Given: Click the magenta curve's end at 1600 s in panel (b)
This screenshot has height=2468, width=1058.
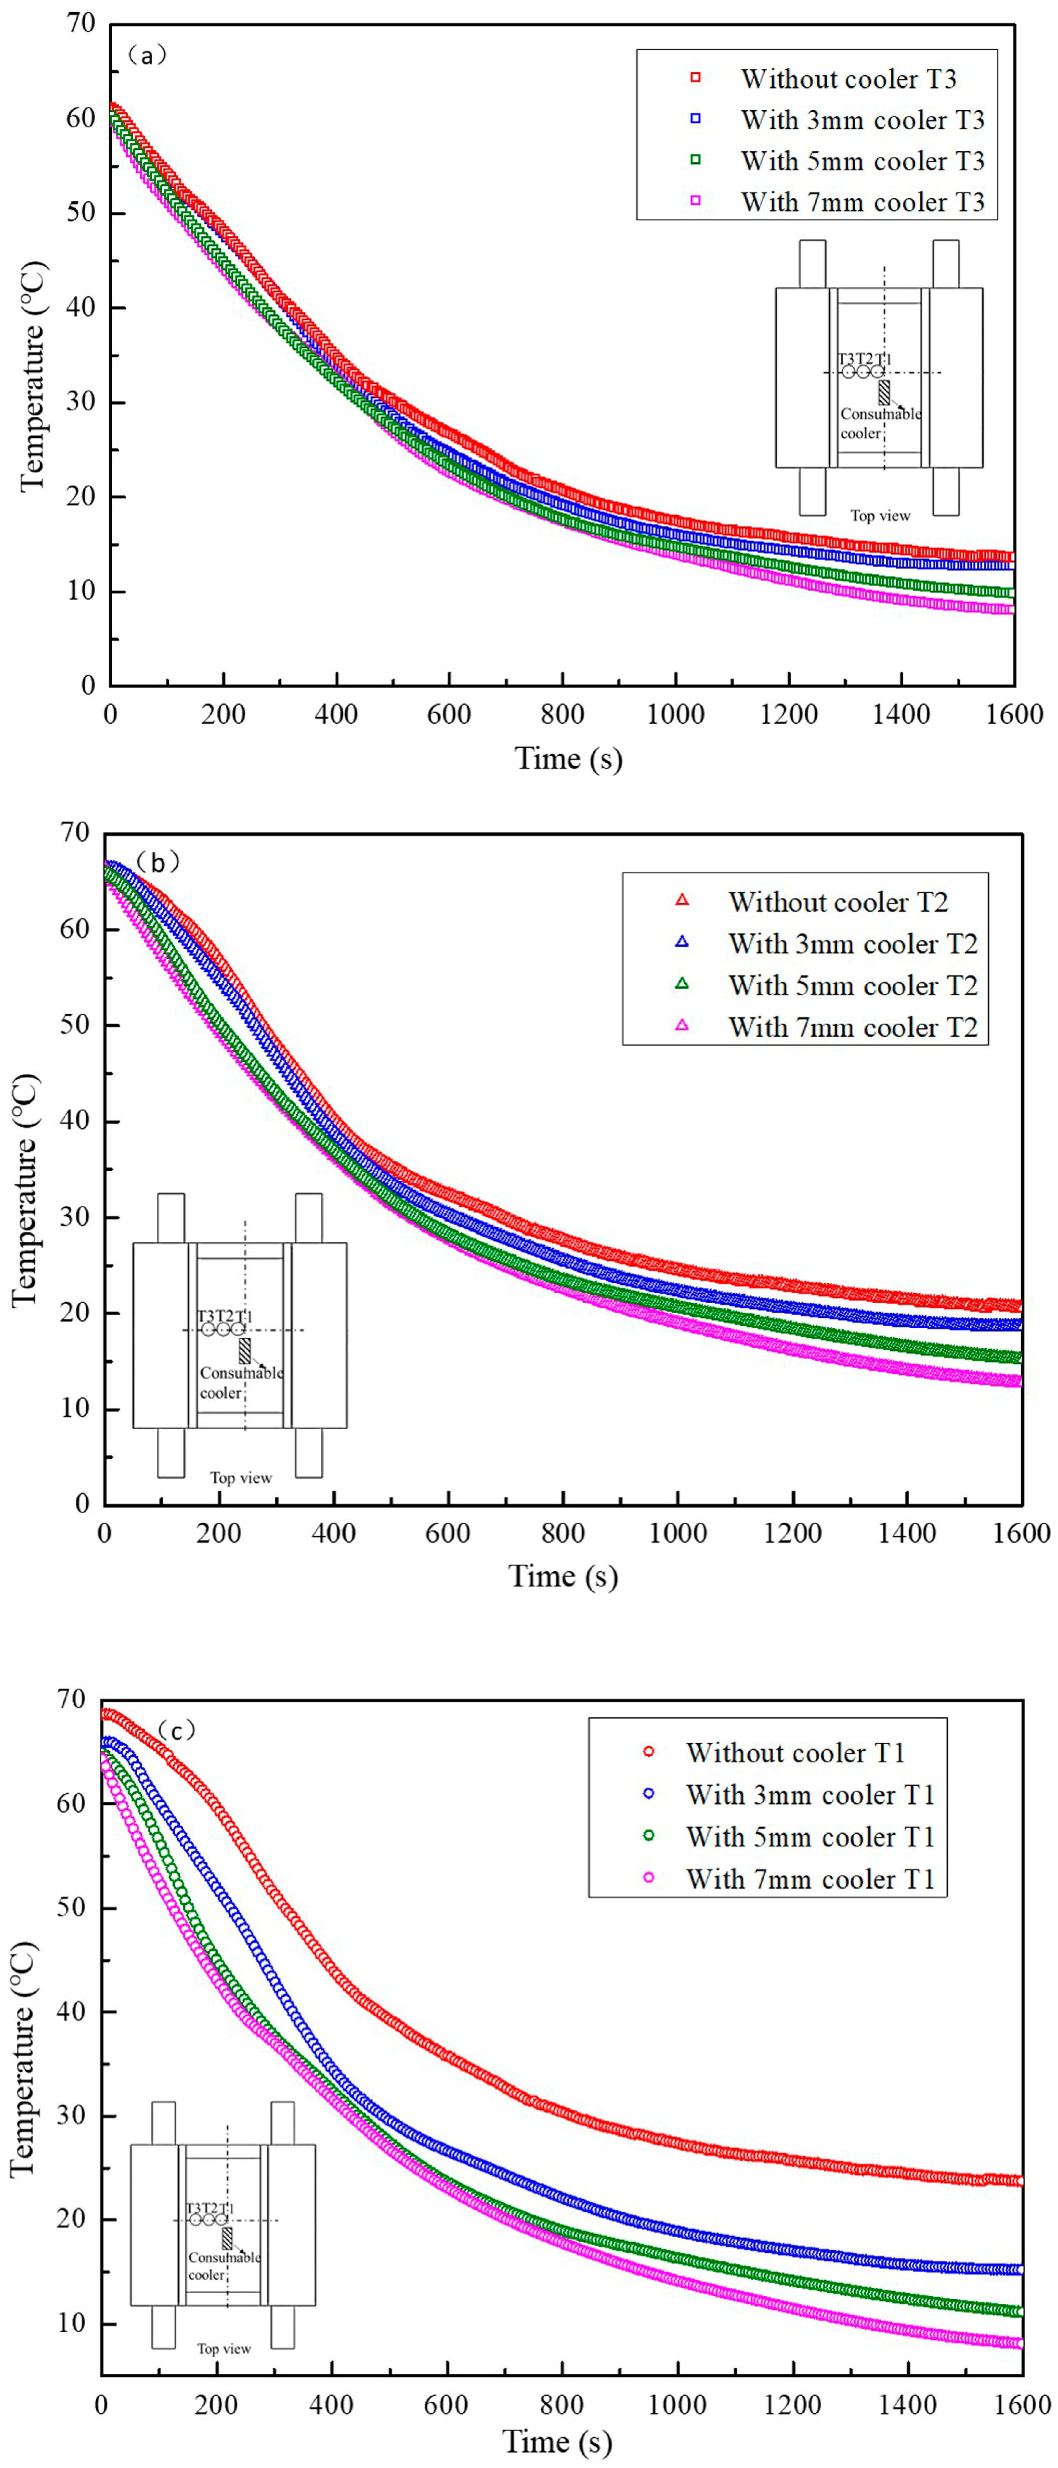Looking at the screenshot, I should (1018, 1381).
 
